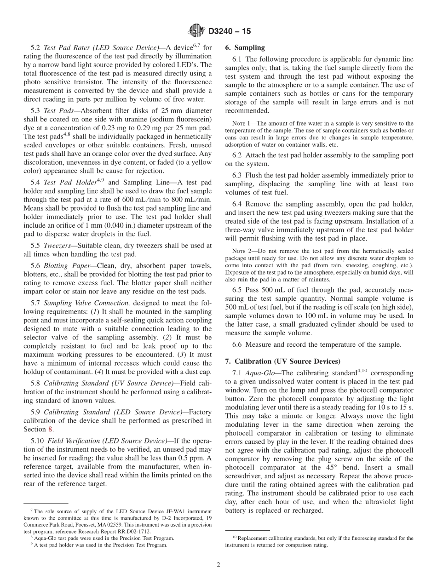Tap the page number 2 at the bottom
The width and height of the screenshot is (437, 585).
coord(218,565)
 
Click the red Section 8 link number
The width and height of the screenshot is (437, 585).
coord(51,429)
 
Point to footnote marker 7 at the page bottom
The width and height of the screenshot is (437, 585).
coord(32,510)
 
